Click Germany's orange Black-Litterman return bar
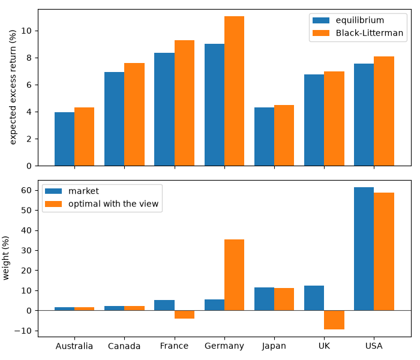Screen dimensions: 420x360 [235, 91]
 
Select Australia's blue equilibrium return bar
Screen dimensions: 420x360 [65, 139]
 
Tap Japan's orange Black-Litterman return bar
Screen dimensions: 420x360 [284, 136]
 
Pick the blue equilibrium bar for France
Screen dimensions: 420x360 [164, 109]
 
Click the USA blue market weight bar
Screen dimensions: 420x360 [364, 249]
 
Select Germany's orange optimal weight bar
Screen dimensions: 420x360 [235, 275]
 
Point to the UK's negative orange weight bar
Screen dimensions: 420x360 [334, 320]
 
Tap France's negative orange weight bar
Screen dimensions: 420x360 [185, 314]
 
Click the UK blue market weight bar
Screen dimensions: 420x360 [314, 298]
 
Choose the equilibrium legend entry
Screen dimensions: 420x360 [348, 20]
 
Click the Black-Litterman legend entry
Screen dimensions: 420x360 [358, 33]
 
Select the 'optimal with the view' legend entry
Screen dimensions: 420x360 [102, 204]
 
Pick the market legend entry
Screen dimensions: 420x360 [72, 191]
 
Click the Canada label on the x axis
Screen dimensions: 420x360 [124, 346]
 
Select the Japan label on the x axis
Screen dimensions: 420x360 [274, 346]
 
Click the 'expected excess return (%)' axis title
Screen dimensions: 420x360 [13, 88]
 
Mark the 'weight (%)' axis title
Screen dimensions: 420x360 [5, 258]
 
